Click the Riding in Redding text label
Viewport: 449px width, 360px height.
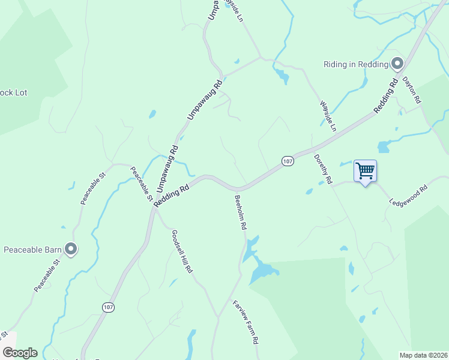[x=355, y=64]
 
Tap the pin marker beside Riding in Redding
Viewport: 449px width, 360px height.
[x=397, y=64]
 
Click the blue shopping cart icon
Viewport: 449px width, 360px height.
[x=365, y=171]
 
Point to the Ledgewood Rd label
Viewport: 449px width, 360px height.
[x=408, y=195]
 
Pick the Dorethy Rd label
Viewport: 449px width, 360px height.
[x=323, y=169]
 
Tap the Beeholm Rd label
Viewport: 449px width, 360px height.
[x=240, y=212]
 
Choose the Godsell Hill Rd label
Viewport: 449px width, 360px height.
[x=181, y=252]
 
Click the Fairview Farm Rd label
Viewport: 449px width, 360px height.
[x=246, y=322]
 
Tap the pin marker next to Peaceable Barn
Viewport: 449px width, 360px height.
[x=71, y=248]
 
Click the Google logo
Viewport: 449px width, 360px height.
[x=20, y=353]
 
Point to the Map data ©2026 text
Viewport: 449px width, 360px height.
[x=423, y=355]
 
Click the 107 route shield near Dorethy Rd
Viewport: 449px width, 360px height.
[x=288, y=161]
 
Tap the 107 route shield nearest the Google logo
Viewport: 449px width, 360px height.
[x=107, y=307]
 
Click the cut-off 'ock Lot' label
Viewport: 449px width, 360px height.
[x=13, y=93]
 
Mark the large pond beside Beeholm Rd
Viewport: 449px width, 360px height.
[x=262, y=272]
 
